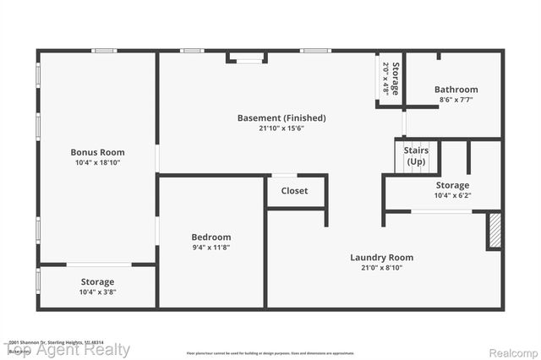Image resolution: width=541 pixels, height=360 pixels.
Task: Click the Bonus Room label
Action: (x=96, y=152)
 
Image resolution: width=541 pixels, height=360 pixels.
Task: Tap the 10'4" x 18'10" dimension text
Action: (x=96, y=162)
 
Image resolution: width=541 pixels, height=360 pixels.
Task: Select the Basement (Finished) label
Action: (x=281, y=117)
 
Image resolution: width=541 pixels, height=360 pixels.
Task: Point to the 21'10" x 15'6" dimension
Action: (x=281, y=128)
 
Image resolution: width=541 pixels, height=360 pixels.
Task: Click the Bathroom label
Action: (x=456, y=89)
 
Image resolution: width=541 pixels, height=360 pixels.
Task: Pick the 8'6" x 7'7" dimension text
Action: (x=456, y=99)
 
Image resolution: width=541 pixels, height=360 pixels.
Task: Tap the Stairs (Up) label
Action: (x=417, y=156)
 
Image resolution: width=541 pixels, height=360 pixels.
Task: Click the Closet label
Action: (x=294, y=191)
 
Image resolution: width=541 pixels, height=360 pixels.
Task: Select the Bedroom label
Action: (x=211, y=237)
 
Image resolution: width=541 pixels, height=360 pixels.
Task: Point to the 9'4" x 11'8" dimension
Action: (x=211, y=248)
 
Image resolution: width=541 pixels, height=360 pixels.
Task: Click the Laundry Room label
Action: (x=381, y=258)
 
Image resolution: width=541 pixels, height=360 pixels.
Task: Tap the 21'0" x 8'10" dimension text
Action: (x=381, y=268)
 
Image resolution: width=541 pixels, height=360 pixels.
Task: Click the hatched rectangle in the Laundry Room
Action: (x=494, y=230)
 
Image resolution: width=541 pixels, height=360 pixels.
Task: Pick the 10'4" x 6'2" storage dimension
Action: (x=452, y=195)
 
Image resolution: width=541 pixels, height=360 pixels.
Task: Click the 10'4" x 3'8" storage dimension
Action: (x=97, y=292)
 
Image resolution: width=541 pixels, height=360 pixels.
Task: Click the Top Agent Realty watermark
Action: (x=68, y=349)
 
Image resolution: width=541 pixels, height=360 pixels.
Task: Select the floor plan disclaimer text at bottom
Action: (x=270, y=352)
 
